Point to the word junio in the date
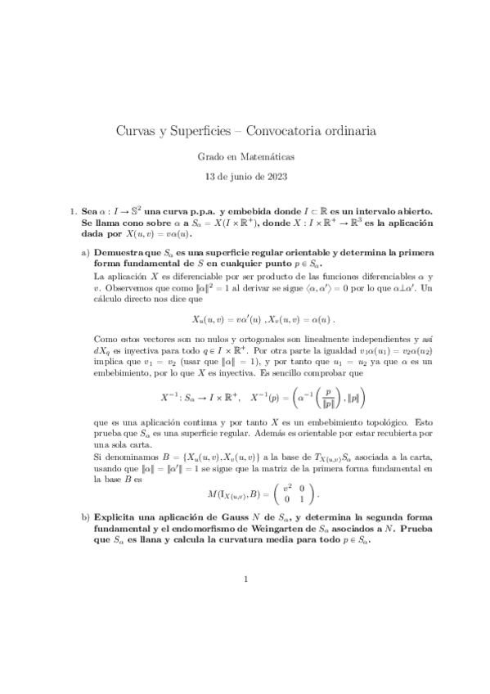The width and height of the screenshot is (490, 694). [242, 174]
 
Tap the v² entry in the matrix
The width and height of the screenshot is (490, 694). [289, 487]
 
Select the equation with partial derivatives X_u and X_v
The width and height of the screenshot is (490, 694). [245, 318]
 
